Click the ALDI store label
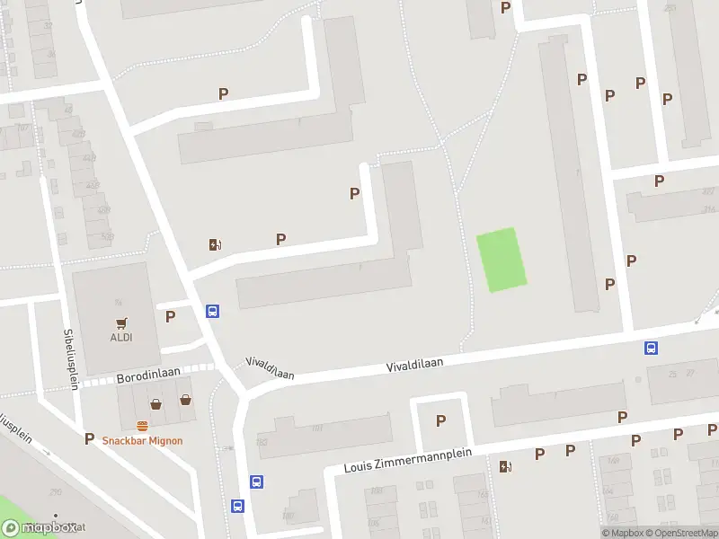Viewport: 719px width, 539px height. [120, 338]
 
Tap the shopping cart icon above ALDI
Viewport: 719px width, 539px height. [120, 323]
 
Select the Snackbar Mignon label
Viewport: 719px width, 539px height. [142, 440]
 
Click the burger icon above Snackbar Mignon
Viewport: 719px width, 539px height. [142, 426]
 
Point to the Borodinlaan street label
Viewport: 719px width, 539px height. [148, 378]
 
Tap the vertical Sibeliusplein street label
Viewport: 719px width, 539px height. [70, 358]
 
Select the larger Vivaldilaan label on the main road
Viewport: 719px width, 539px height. [415, 363]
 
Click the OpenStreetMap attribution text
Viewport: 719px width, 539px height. [683, 533]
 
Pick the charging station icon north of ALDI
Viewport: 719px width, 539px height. [215, 244]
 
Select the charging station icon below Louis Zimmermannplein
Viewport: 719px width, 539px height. [504, 465]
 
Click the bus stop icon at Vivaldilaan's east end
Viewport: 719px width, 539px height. [650, 349]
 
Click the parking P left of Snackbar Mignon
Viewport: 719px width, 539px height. [88, 438]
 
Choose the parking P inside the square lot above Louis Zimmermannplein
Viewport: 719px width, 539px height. [440, 420]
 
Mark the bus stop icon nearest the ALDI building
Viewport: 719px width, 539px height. [213, 311]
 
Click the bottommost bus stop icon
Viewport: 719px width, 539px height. [238, 506]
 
